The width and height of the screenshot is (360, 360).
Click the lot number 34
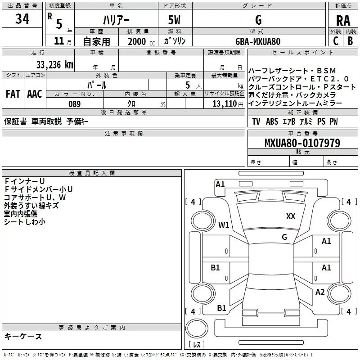[22, 19]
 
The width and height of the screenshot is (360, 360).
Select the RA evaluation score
[343, 20]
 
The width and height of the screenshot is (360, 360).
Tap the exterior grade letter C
[336, 41]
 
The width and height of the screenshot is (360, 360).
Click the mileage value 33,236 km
[54, 64]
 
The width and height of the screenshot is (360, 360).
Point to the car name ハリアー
[116, 20]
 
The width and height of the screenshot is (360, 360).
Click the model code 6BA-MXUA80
[258, 41]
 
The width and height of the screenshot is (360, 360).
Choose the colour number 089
[74, 103]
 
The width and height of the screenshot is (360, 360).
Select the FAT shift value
[13, 94]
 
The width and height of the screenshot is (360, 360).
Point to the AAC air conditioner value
[35, 94]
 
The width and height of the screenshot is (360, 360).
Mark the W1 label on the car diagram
[224, 225]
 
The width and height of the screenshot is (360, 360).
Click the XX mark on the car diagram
[291, 216]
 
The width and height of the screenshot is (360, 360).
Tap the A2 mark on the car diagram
[320, 292]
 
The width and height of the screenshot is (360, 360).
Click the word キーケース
[23, 336]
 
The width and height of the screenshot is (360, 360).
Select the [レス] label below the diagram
[196, 345]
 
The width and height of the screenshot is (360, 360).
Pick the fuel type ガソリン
[175, 41]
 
